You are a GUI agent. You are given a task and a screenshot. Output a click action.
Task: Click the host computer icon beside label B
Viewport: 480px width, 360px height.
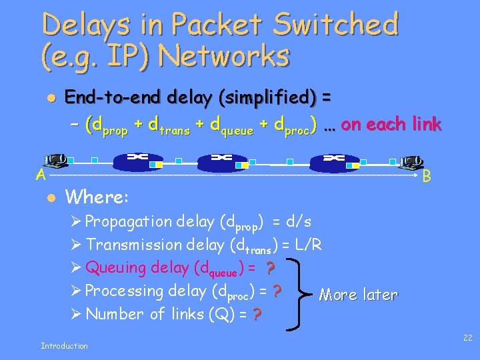click(x=412, y=162)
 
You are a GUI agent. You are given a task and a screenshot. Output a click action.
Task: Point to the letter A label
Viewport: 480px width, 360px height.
click(x=41, y=175)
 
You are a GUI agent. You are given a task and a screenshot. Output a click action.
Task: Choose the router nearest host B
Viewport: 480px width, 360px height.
click(x=333, y=161)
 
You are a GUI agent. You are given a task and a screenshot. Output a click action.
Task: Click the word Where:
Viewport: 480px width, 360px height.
click(x=98, y=197)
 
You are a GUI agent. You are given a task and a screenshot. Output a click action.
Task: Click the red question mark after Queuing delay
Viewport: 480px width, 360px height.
click(x=271, y=268)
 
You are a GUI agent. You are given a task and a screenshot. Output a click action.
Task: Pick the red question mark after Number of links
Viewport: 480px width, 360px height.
click(x=257, y=315)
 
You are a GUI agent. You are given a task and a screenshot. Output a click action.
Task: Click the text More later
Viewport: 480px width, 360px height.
click(x=358, y=295)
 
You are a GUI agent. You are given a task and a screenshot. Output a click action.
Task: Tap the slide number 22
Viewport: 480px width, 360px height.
click(x=467, y=338)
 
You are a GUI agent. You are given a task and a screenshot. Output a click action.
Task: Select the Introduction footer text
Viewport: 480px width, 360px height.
click(x=64, y=345)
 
